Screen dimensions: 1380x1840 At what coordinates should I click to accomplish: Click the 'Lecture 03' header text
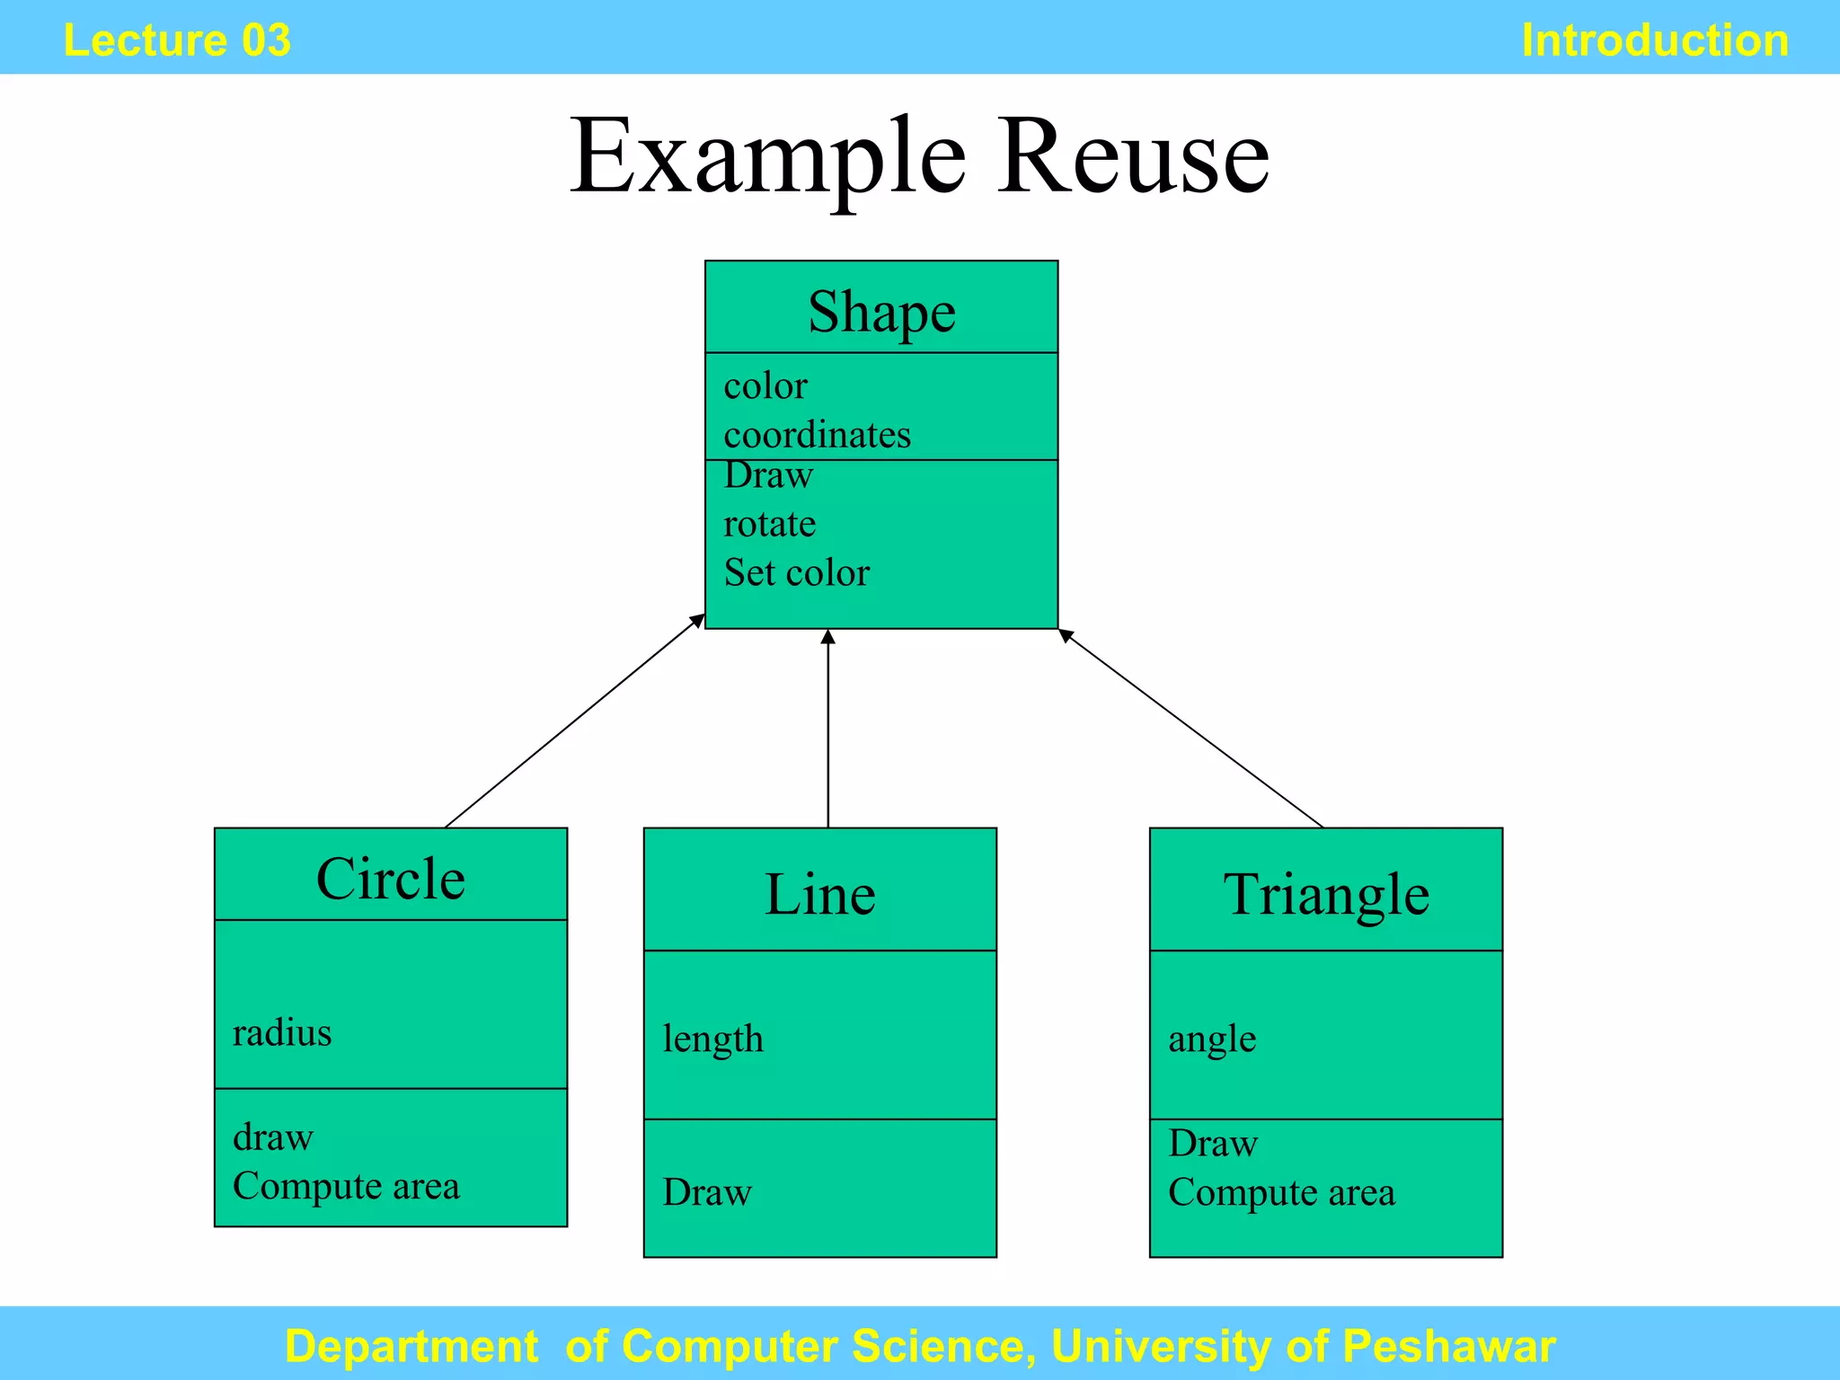tap(177, 40)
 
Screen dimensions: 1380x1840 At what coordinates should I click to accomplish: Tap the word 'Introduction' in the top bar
tap(1654, 40)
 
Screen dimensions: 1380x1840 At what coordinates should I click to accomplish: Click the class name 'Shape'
tap(881, 312)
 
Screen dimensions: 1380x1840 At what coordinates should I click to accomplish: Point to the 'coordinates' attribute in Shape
tap(817, 435)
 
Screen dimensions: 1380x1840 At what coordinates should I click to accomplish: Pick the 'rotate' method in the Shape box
tap(769, 524)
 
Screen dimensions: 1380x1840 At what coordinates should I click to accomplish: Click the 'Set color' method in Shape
tap(796, 572)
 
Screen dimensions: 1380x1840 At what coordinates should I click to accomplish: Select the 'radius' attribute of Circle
tap(282, 1032)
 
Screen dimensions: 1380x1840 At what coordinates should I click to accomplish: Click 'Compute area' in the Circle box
tap(346, 1186)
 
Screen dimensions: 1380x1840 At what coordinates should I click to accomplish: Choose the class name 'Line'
tap(819, 894)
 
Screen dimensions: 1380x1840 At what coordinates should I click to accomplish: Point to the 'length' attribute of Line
tap(712, 1039)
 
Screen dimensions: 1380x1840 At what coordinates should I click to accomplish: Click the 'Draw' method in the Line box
tap(707, 1192)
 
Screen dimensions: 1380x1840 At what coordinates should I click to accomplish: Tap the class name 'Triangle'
tap(1326, 894)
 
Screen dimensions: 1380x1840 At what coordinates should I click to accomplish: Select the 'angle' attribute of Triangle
tap(1212, 1039)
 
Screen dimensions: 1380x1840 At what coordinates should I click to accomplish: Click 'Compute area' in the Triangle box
tap(1281, 1192)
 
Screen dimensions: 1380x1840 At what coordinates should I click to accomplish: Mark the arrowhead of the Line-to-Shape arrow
tap(828, 637)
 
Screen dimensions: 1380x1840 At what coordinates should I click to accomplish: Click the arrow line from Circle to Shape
tap(575, 720)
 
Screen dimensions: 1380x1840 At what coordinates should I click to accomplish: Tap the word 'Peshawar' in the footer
tap(1448, 1346)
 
